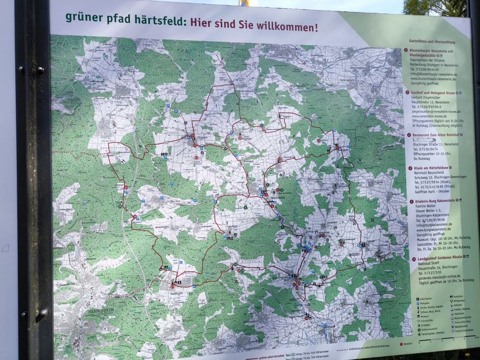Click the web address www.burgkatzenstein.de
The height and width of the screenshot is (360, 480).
pos(434,230)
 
